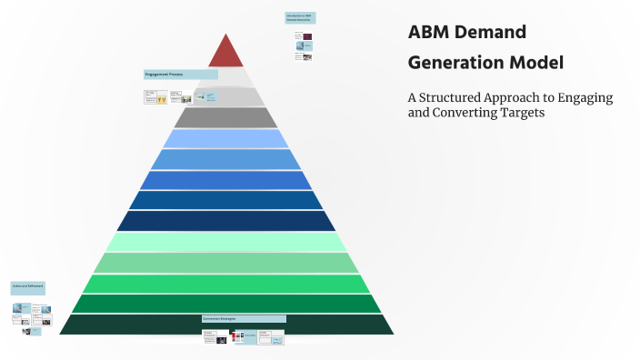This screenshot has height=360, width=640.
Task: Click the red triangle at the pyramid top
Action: [226, 53]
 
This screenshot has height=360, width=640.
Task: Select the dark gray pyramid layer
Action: [226, 117]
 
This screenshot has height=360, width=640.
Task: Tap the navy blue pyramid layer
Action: [226, 221]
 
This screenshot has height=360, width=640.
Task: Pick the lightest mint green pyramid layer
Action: [226, 242]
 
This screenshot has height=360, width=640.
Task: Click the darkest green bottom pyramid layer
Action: [226, 325]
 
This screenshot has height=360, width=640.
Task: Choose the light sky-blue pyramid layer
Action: [226, 138]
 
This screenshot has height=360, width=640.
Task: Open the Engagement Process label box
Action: [180, 75]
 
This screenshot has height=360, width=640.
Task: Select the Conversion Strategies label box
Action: [244, 319]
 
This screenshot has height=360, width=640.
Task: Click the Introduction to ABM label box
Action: [300, 17]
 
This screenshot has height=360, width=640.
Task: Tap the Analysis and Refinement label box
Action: [27, 286]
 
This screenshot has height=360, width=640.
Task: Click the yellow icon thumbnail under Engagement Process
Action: [161, 99]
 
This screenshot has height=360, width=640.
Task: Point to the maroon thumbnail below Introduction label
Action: [308, 38]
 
